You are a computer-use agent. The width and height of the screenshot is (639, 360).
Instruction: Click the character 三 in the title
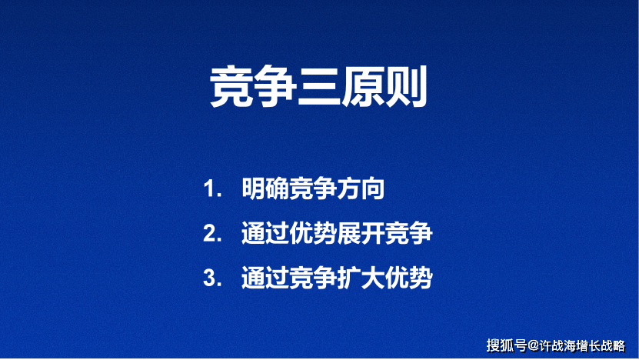[x=319, y=88]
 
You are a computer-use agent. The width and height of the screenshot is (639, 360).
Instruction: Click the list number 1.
[x=210, y=190]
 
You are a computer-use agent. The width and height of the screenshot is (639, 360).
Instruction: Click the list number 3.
[x=210, y=278]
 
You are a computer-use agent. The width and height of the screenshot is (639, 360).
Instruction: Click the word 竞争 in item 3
[x=312, y=278]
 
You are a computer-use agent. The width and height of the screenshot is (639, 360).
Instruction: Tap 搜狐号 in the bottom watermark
[x=506, y=344]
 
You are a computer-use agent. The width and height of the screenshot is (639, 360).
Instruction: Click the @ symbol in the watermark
[x=533, y=344]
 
